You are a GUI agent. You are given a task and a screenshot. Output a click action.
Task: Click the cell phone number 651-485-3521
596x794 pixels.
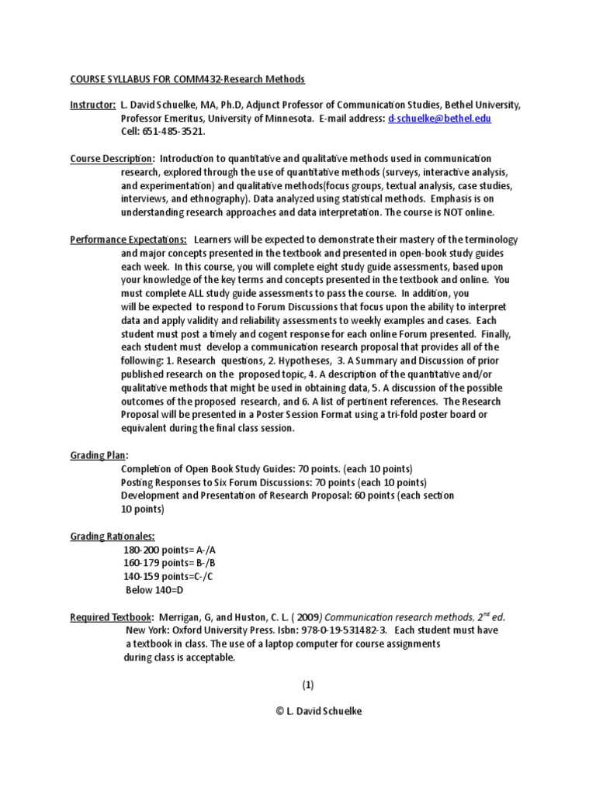click(x=169, y=132)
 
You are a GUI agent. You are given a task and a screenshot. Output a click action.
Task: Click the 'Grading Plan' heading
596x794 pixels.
click(x=99, y=456)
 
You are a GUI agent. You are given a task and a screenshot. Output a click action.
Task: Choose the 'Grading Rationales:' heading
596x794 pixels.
click(x=112, y=536)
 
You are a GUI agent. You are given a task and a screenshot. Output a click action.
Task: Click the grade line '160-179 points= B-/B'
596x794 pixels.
click(x=171, y=563)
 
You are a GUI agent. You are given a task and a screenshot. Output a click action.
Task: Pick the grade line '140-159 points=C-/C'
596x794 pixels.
click(x=169, y=576)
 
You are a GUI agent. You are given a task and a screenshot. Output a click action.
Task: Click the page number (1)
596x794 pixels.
click(x=308, y=685)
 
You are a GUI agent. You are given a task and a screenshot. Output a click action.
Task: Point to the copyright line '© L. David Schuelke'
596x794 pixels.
click(x=307, y=713)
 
